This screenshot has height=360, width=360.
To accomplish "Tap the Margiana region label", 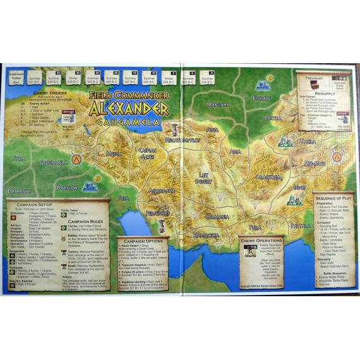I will (218, 104).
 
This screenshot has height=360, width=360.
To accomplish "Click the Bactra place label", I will (272, 117).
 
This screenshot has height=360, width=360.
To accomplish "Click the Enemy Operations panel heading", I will (261, 241).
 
